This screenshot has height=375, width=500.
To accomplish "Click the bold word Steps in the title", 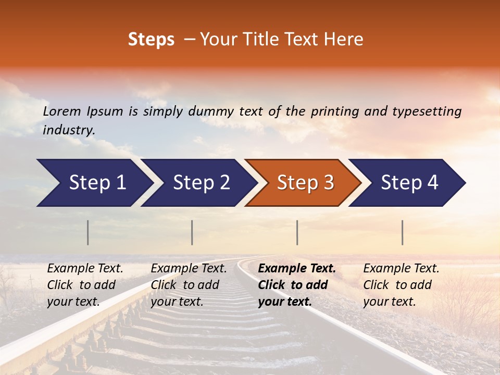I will point(151,40).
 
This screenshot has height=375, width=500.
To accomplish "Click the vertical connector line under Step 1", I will point(88,232).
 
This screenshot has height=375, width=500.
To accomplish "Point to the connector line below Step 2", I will point(192,232).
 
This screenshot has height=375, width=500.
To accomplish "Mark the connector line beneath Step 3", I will point(297,232).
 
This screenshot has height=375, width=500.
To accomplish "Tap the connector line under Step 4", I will point(402,232).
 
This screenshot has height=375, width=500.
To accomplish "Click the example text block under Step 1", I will point(85,285).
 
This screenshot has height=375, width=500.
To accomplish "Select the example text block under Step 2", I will point(189,285).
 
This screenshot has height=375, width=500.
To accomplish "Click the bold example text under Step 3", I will point(297,285).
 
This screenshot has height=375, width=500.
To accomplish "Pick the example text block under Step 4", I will point(401,285).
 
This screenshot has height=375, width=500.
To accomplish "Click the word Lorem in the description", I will point(62,111).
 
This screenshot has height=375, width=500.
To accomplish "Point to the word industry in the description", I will point(68,130).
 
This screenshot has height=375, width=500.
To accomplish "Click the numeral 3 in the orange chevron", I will point(329,183).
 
